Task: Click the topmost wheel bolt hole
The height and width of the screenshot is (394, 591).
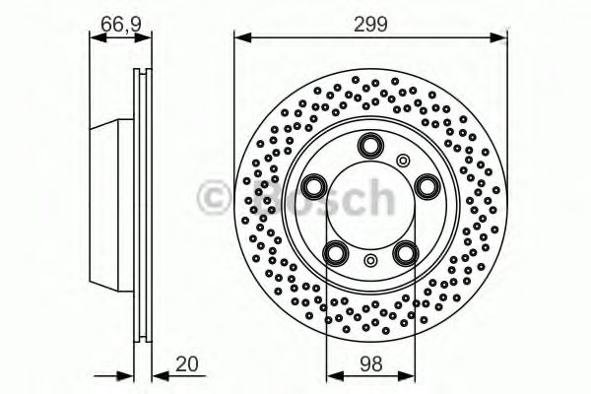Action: click(x=369, y=146)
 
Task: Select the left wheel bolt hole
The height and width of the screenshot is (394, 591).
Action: click(x=314, y=185)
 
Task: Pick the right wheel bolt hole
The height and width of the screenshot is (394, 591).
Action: click(x=426, y=185)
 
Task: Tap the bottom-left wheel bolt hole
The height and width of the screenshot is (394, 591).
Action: click(x=336, y=252)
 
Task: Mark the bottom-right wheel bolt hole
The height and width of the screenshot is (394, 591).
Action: click(x=404, y=252)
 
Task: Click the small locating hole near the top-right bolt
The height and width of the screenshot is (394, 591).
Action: click(x=402, y=161)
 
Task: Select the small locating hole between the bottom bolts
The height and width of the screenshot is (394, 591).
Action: click(x=369, y=260)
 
